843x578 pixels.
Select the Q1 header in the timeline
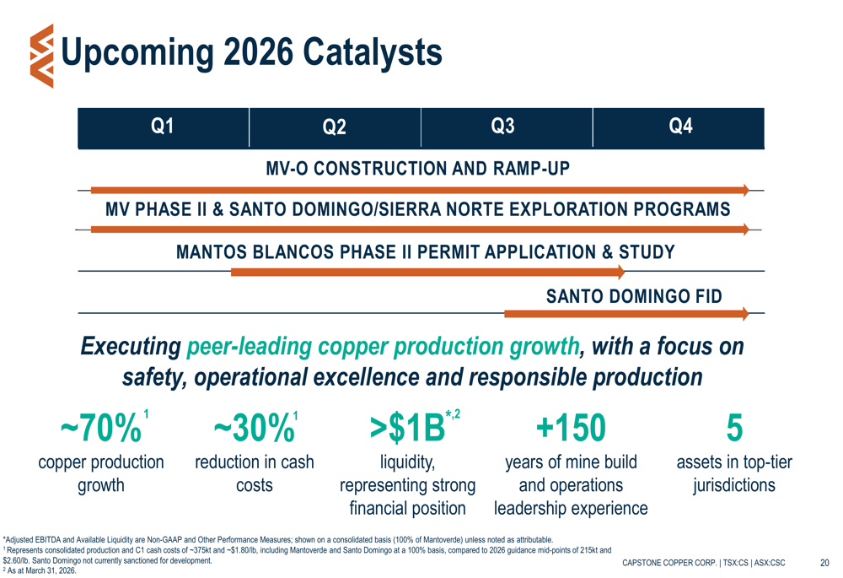(x=162, y=127)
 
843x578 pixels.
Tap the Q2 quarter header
(x=335, y=127)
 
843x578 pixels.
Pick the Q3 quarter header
(x=502, y=127)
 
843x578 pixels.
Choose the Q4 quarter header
(x=680, y=127)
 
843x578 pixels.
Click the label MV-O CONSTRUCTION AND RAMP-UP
(x=418, y=169)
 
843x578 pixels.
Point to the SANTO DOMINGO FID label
(x=634, y=295)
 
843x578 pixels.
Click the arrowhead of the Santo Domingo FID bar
(x=743, y=314)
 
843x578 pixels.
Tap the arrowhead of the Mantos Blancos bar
(x=620, y=272)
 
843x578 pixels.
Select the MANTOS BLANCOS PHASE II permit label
(x=426, y=251)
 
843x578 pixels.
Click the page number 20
(x=824, y=563)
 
